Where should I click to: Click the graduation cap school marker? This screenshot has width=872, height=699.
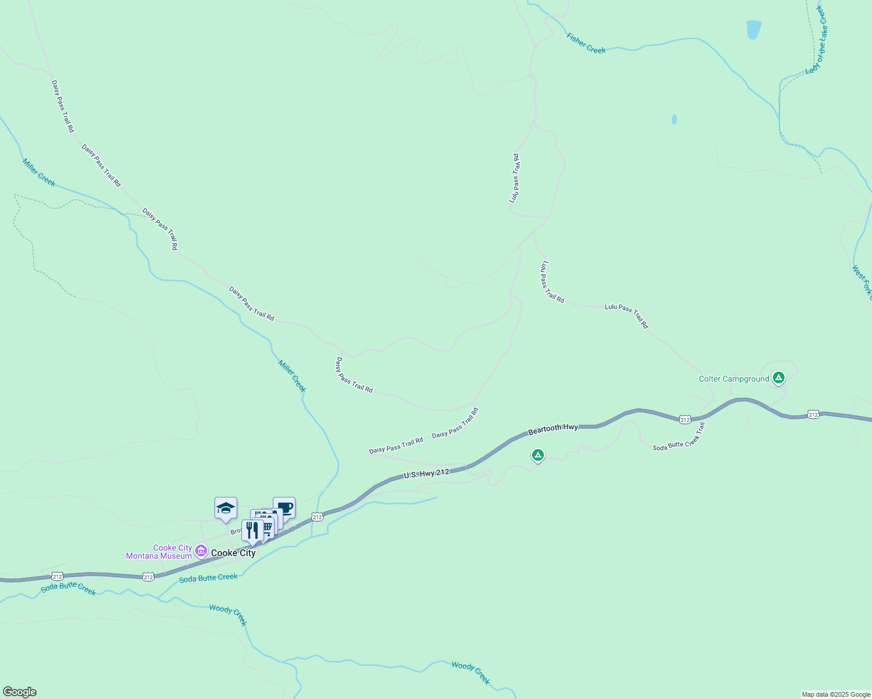click(x=226, y=509)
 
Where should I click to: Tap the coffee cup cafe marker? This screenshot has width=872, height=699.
click(x=284, y=507)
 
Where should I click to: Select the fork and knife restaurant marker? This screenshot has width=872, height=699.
click(x=252, y=530)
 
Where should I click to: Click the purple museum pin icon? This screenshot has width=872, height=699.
click(x=201, y=550)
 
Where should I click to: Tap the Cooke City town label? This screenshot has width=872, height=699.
click(x=233, y=553)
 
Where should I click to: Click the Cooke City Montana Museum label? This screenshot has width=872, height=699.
click(x=159, y=552)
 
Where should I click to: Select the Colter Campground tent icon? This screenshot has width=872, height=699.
click(x=778, y=378)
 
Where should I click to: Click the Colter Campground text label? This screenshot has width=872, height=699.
click(x=734, y=379)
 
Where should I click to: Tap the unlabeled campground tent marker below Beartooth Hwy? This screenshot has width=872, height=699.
click(x=538, y=455)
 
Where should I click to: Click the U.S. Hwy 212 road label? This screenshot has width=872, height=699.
click(x=427, y=474)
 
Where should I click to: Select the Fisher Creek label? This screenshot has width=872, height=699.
click(x=586, y=43)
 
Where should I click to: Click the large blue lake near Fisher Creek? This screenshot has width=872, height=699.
click(x=754, y=29)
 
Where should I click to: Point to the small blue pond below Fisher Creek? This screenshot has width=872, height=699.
click(x=674, y=119)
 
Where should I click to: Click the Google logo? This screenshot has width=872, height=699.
click(x=20, y=691)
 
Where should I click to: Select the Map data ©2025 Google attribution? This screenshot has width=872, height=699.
click(x=836, y=694)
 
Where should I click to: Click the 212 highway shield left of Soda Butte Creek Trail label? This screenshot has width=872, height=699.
click(x=685, y=419)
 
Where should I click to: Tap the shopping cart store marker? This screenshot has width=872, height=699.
click(x=267, y=528)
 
